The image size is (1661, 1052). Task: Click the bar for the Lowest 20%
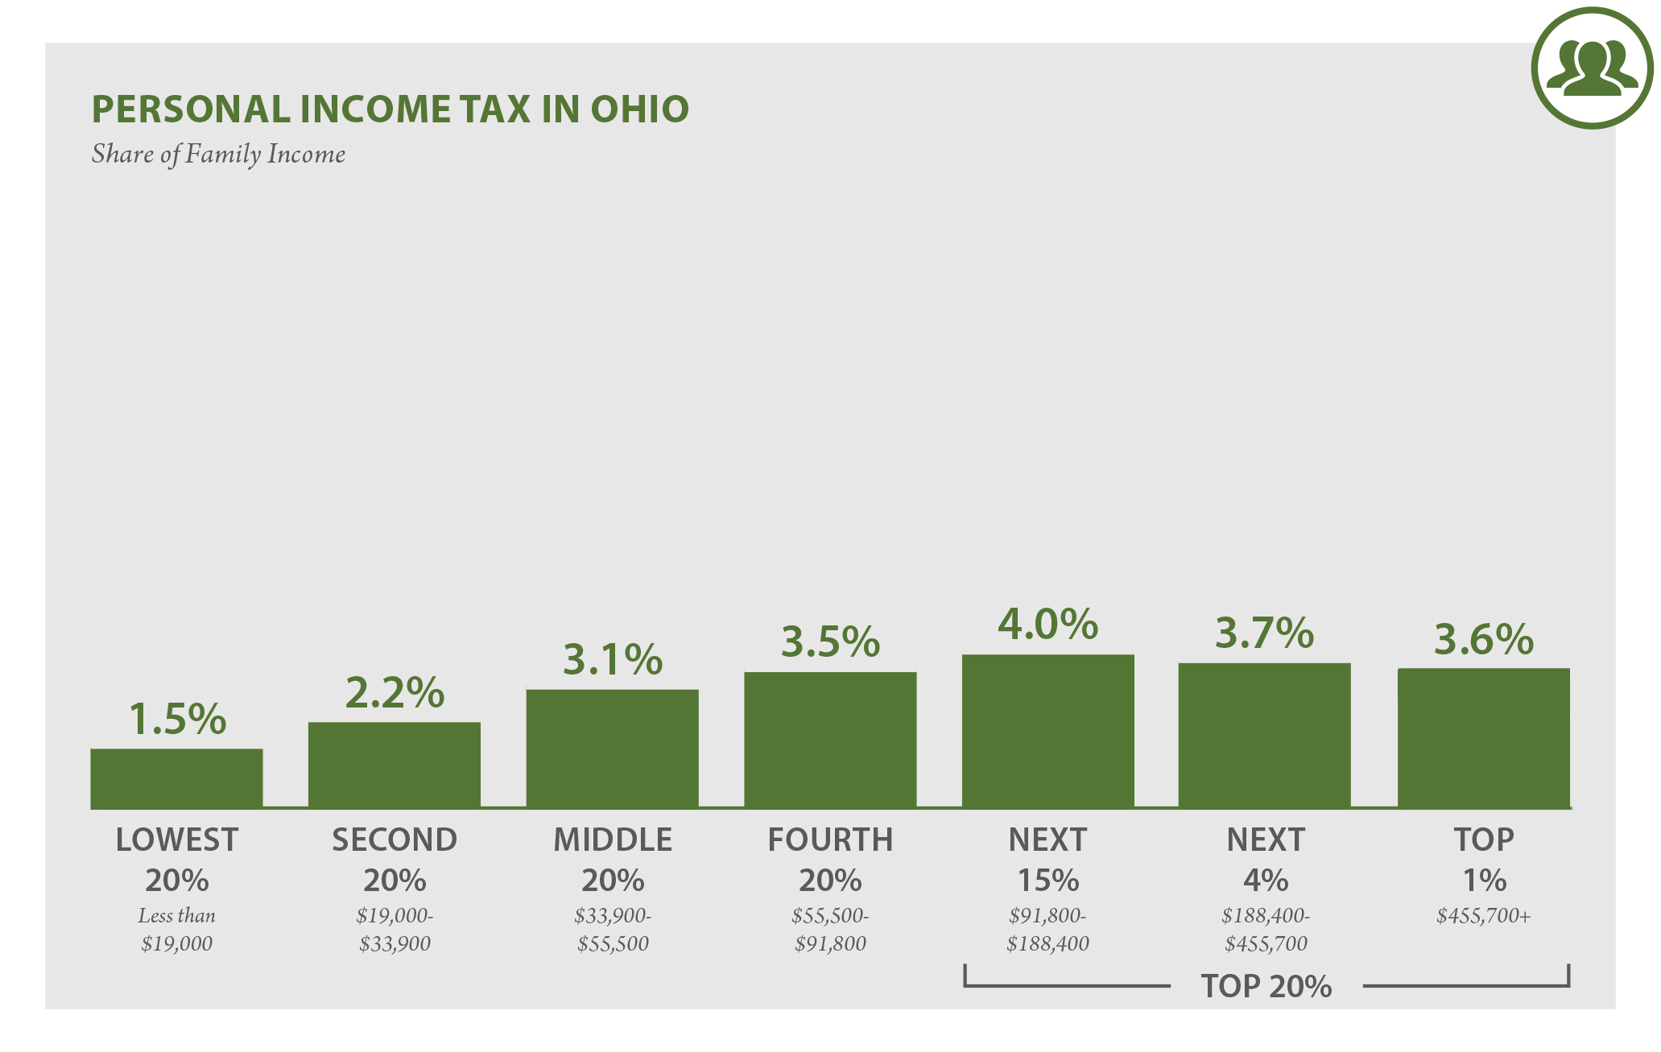tap(176, 778)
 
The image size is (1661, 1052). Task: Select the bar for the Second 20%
tap(395, 765)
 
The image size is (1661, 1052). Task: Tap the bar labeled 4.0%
tap(1047, 731)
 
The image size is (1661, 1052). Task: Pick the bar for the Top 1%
tap(1483, 737)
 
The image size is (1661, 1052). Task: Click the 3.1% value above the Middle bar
tap(613, 660)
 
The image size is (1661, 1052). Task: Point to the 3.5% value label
tap(830, 642)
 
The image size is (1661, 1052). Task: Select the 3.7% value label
tap(1264, 633)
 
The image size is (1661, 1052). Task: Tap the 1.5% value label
tap(177, 719)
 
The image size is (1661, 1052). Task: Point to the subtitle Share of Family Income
tap(218, 154)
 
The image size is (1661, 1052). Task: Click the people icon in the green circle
tap(1592, 68)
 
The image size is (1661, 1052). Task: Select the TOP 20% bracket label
tap(1266, 986)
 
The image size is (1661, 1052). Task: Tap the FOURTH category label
tap(830, 840)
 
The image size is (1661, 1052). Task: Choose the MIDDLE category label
tap(613, 840)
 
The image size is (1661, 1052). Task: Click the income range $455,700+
tap(1483, 915)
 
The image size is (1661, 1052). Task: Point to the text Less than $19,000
tap(176, 930)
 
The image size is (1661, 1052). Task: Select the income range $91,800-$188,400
tap(1047, 930)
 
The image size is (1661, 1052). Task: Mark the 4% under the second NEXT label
tap(1265, 881)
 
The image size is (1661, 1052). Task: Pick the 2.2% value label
tap(395, 693)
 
